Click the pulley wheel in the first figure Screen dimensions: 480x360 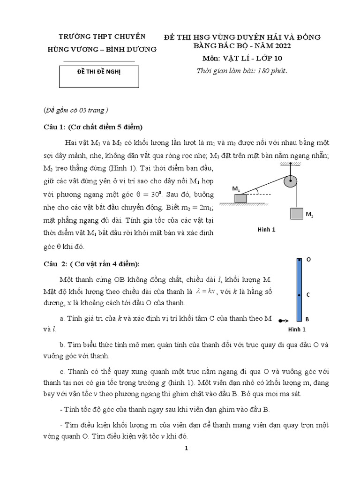pos(291,180)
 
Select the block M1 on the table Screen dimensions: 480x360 pos(240,198)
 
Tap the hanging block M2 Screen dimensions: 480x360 pos(297,214)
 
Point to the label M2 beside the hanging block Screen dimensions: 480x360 pos(309,214)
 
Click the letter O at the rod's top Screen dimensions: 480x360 pos(308,259)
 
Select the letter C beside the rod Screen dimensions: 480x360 pos(308,295)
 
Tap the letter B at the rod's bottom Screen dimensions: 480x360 pos(307,319)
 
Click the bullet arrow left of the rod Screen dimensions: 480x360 pos(283,321)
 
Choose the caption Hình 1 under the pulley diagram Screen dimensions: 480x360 pos(267,229)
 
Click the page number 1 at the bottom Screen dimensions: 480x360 pos(186,448)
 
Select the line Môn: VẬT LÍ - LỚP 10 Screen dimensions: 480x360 pos(242,59)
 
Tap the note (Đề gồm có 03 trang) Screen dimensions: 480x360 pos(75,110)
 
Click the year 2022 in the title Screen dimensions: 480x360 pos(280,46)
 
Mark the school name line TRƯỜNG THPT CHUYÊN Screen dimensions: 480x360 pos(108,37)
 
